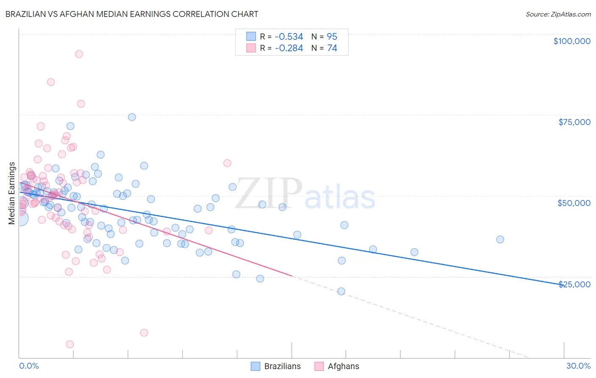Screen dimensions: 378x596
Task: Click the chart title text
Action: tap(131, 14)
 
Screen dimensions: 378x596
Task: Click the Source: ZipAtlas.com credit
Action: tap(558, 14)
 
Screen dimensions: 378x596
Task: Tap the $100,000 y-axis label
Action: tap(571, 41)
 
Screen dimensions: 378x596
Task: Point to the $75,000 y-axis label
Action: tap(574, 122)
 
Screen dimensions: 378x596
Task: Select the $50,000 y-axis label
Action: tap(574, 203)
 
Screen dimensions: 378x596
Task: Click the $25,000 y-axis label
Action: tap(574, 284)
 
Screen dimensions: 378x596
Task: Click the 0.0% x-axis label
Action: tap(29, 366)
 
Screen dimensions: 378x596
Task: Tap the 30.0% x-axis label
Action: tap(578, 366)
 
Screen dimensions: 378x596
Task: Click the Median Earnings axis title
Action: tap(12, 193)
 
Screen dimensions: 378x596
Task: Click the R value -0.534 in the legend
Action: tap(289, 37)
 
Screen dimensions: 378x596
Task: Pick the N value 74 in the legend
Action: tap(332, 48)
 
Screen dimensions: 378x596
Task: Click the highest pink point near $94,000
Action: tap(79, 54)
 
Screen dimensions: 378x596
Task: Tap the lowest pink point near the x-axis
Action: tap(70, 344)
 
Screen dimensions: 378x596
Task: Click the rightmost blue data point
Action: tap(500, 239)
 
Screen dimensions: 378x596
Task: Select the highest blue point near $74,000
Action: tap(132, 117)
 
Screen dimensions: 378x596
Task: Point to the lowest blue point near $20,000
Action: tap(341, 291)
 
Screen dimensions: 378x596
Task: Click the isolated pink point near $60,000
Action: tap(227, 163)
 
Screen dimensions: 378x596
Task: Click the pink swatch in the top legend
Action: tap(251, 48)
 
